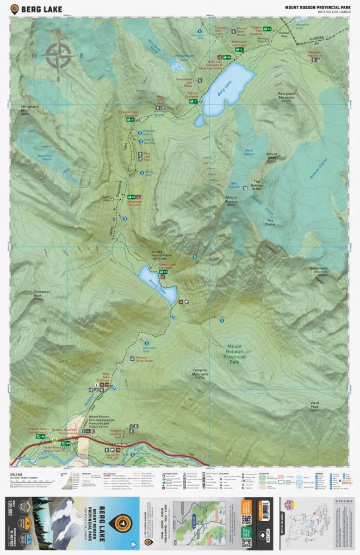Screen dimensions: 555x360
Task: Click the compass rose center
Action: pos(58,55)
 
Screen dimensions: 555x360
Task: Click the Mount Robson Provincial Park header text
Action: pos(317,6)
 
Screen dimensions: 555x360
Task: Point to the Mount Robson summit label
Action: pos(231,200)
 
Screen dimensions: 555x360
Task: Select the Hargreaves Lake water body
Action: pos(178,66)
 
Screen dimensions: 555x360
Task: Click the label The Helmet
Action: pos(257,183)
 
